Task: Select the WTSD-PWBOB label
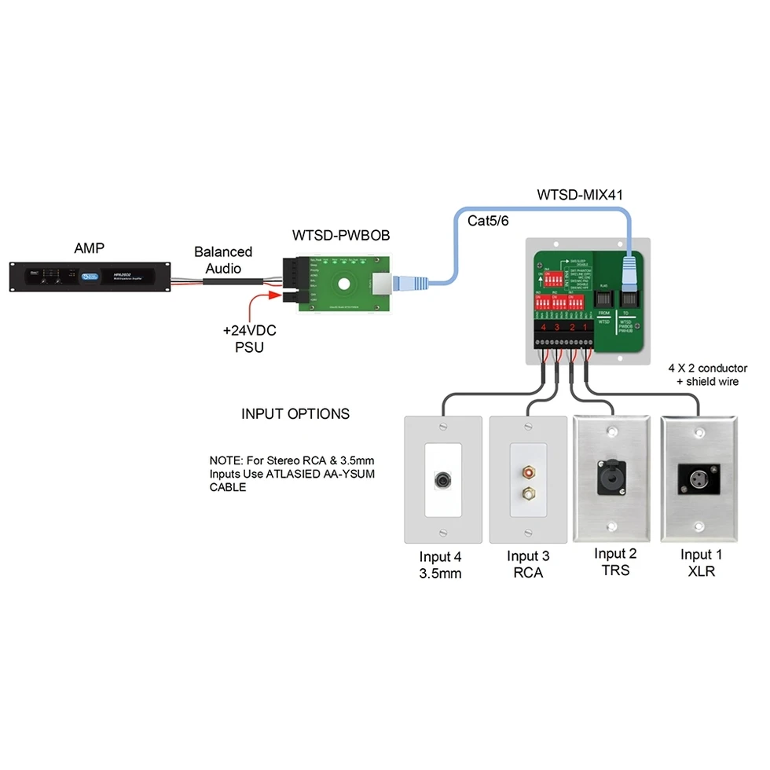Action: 341,235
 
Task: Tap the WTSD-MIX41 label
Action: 580,193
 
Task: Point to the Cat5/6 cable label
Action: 488,221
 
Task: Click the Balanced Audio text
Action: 223,259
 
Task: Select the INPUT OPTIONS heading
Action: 295,413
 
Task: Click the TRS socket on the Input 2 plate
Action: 614,476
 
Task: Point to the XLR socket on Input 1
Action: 698,476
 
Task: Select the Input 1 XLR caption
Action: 701,563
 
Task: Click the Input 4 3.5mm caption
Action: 440,564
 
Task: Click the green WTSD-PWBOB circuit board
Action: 343,282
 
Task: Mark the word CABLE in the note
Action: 227,487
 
